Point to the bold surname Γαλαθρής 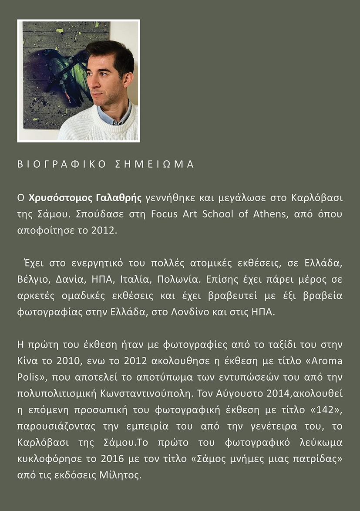click(x=118, y=198)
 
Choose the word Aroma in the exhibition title click(x=326, y=361)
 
